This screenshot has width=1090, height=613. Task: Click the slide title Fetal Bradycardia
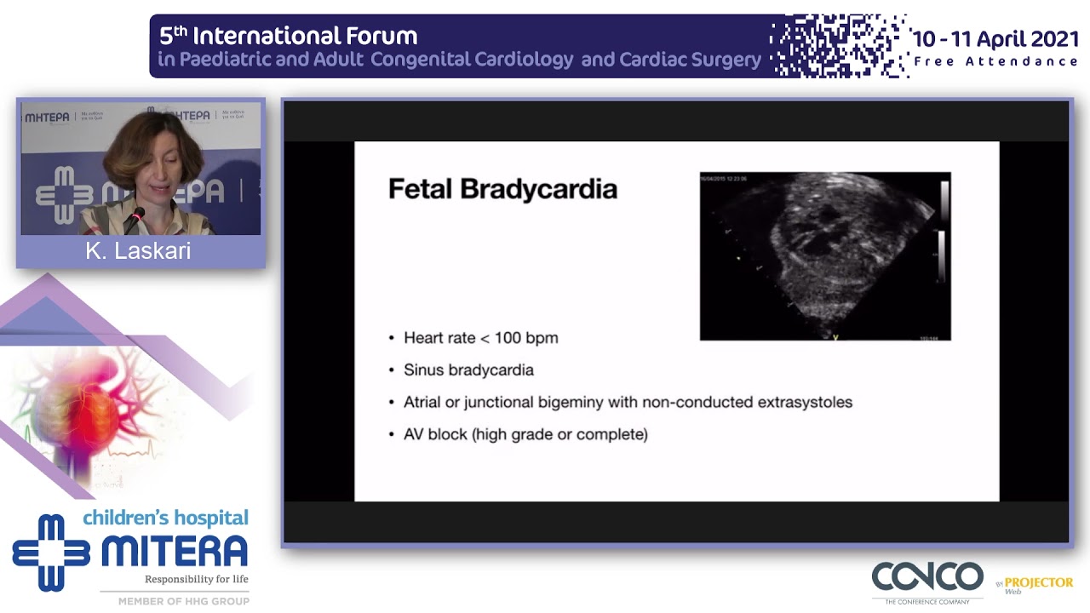(x=502, y=189)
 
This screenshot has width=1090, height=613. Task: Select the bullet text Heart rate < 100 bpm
(x=480, y=338)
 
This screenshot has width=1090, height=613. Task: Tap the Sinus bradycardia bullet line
(x=468, y=370)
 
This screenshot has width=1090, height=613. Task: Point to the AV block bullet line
(x=525, y=435)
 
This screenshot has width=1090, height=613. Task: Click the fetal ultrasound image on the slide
(x=824, y=256)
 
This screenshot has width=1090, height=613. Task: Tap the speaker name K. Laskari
(x=138, y=251)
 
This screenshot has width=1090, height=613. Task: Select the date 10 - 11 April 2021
(x=995, y=39)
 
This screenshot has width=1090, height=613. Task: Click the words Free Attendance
(x=995, y=61)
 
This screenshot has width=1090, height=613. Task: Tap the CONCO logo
(x=926, y=578)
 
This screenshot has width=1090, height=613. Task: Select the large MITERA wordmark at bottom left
(x=175, y=552)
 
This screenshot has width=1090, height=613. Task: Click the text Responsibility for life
(x=196, y=580)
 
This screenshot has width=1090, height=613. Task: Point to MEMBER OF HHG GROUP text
(x=183, y=601)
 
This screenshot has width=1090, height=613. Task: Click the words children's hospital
(x=165, y=518)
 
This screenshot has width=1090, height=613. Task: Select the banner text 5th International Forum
(x=289, y=36)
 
